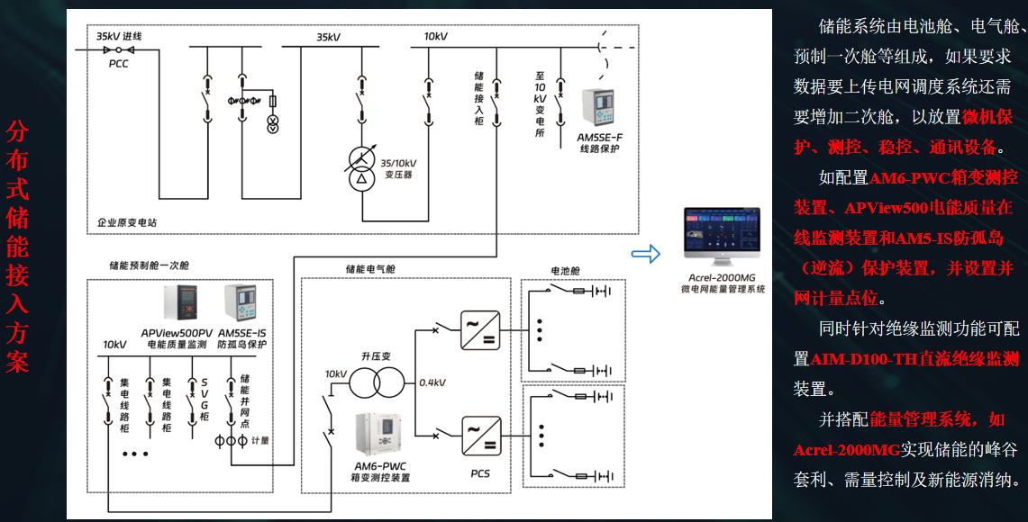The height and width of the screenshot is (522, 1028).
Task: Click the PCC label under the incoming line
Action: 119,64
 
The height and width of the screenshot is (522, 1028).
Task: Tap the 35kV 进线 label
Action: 119,36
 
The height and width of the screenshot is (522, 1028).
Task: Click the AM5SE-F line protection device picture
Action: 599,109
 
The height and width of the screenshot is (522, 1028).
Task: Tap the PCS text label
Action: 480,473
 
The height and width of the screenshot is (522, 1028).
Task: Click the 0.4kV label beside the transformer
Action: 432,382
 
